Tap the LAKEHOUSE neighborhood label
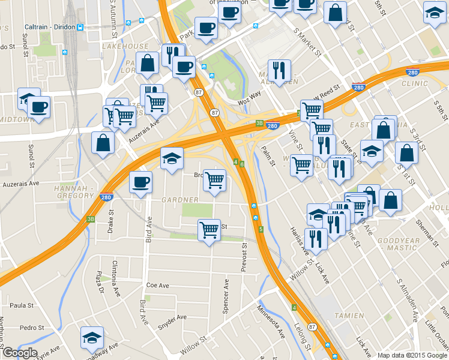click(x=125, y=46)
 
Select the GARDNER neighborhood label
click(x=179, y=199)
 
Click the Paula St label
click(x=22, y=305)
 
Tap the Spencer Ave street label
click(x=226, y=295)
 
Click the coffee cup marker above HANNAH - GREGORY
click(x=142, y=182)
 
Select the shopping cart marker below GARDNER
click(x=209, y=230)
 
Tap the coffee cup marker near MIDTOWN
click(x=39, y=108)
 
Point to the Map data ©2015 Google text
click(x=412, y=355)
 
